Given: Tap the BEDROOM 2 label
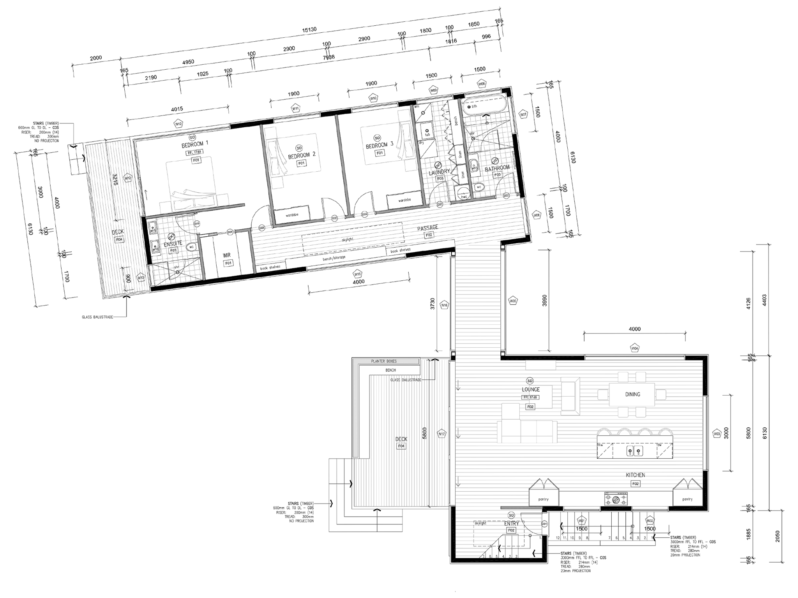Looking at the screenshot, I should tap(301, 155).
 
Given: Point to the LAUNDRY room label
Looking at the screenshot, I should tap(439, 171).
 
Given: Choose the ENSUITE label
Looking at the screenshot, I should tap(173, 243).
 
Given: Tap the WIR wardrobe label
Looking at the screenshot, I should tap(226, 255).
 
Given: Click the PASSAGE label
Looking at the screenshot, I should tap(427, 228).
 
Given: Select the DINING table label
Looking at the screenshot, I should tap(632, 394).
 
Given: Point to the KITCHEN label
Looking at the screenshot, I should tap(635, 475).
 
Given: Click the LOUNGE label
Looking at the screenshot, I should tap(531, 389).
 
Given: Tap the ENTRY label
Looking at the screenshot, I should tap(512, 524).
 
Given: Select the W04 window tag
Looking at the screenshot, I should tap(634, 348).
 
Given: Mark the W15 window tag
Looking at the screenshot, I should tap(357, 273).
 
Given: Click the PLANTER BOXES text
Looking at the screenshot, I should tap(384, 361).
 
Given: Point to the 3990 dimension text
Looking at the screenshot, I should tap(545, 300).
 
